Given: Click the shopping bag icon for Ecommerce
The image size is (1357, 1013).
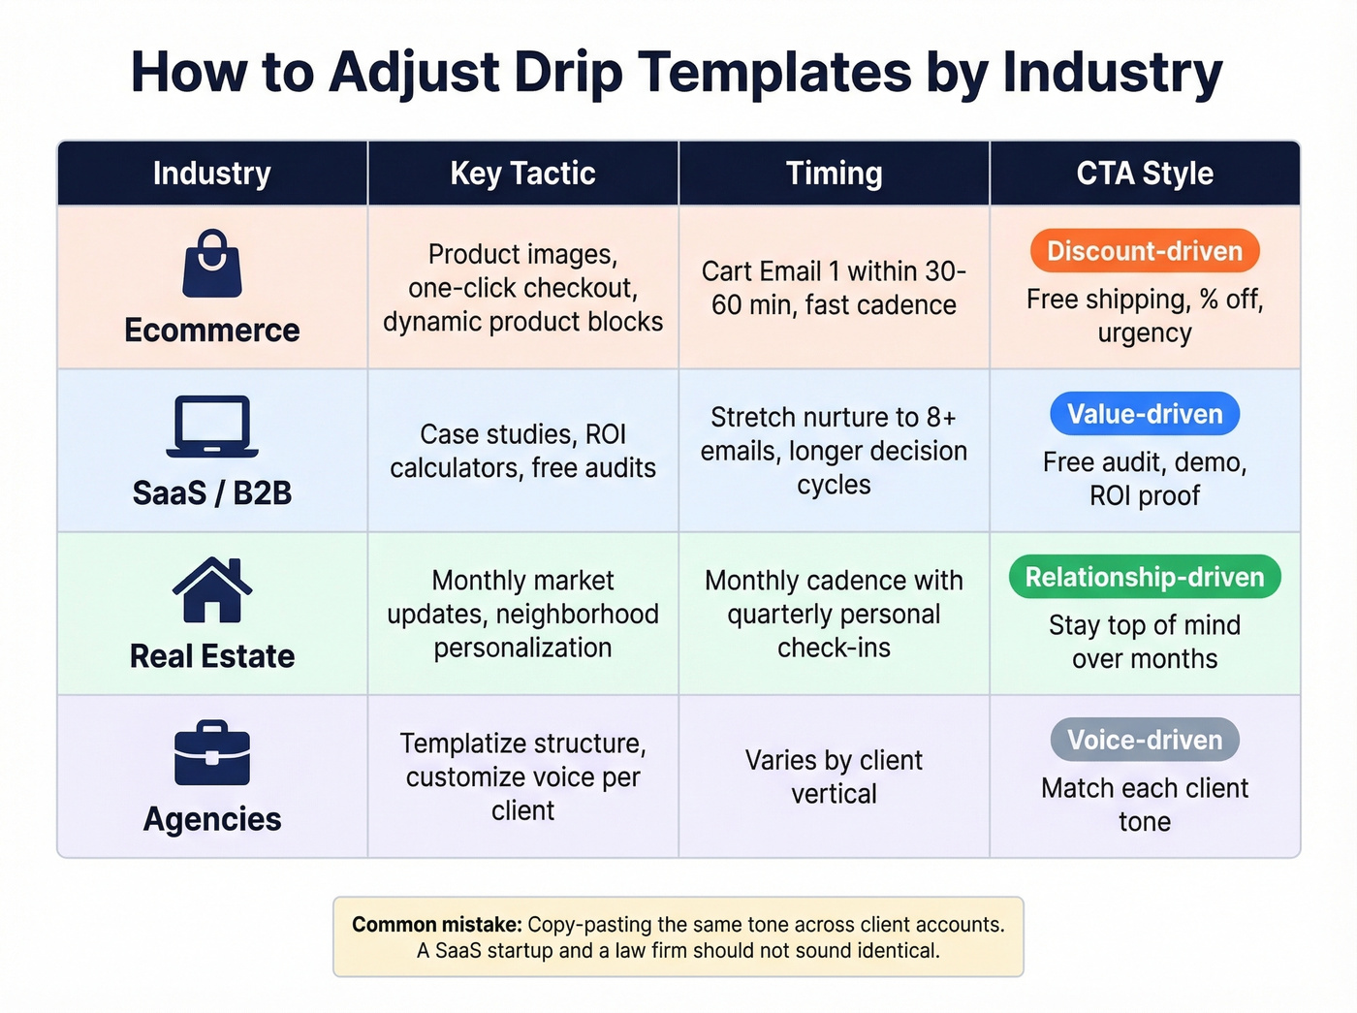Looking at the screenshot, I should click(212, 264).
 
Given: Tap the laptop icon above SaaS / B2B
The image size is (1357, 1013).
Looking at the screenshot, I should click(212, 427).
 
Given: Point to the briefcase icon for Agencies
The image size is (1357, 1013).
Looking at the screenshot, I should click(212, 753).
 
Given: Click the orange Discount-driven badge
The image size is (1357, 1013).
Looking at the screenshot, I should click(1145, 251).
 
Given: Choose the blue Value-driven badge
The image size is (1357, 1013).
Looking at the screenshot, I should click(1145, 414).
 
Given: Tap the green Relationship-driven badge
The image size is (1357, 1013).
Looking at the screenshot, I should click(1145, 577).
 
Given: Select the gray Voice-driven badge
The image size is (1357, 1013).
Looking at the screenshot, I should click(1145, 740).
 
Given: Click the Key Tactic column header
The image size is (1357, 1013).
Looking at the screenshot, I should click(522, 174).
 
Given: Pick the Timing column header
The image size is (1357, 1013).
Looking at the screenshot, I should click(834, 174).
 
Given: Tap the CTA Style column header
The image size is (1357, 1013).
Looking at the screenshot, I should click(1145, 174).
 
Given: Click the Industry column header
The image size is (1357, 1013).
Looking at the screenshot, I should click(212, 174).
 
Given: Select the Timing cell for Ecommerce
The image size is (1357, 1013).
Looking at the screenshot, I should click(834, 288).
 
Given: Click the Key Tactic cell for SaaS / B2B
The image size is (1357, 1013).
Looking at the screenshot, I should click(522, 451).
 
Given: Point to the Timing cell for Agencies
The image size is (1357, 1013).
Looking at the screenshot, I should click(834, 776).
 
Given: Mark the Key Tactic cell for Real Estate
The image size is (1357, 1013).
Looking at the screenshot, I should click(522, 614).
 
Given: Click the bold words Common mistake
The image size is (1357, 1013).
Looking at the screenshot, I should click(436, 925).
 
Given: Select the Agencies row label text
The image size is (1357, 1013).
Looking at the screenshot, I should click(212, 819).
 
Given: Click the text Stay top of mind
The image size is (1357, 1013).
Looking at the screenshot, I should click(1145, 625).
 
